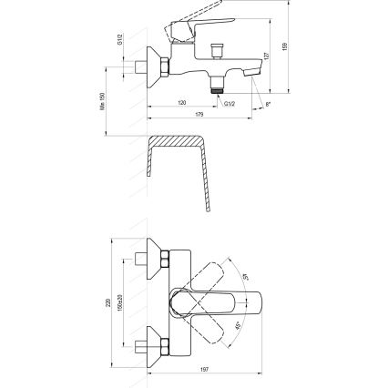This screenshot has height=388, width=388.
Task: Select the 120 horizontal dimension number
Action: click(183, 101)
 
